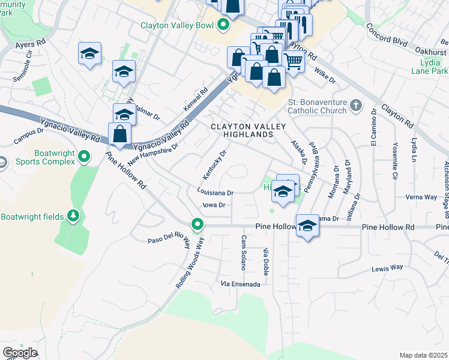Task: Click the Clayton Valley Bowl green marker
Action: [223, 25]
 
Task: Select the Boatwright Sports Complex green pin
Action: [85, 158]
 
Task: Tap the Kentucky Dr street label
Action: [214, 164]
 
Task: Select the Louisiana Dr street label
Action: [214, 193]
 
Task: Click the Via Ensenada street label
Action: [241, 284]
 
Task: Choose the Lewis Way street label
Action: [387, 268]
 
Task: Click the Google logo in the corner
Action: [20, 353]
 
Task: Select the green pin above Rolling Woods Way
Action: [197, 225]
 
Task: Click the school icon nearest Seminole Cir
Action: [89, 53]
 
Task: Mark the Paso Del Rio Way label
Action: [169, 242]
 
